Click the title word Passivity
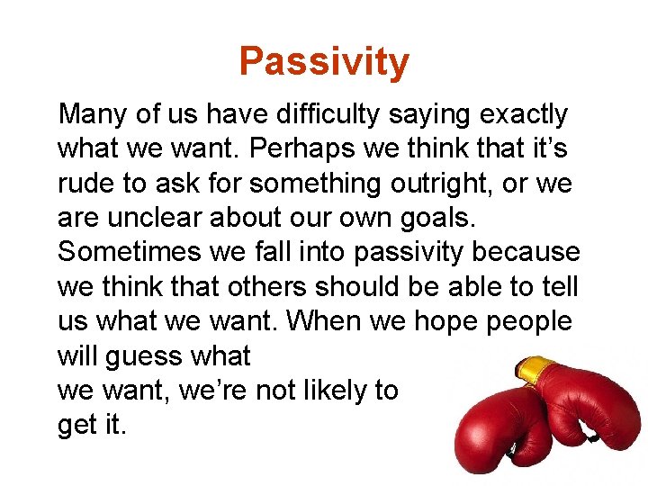tap(324, 62)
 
